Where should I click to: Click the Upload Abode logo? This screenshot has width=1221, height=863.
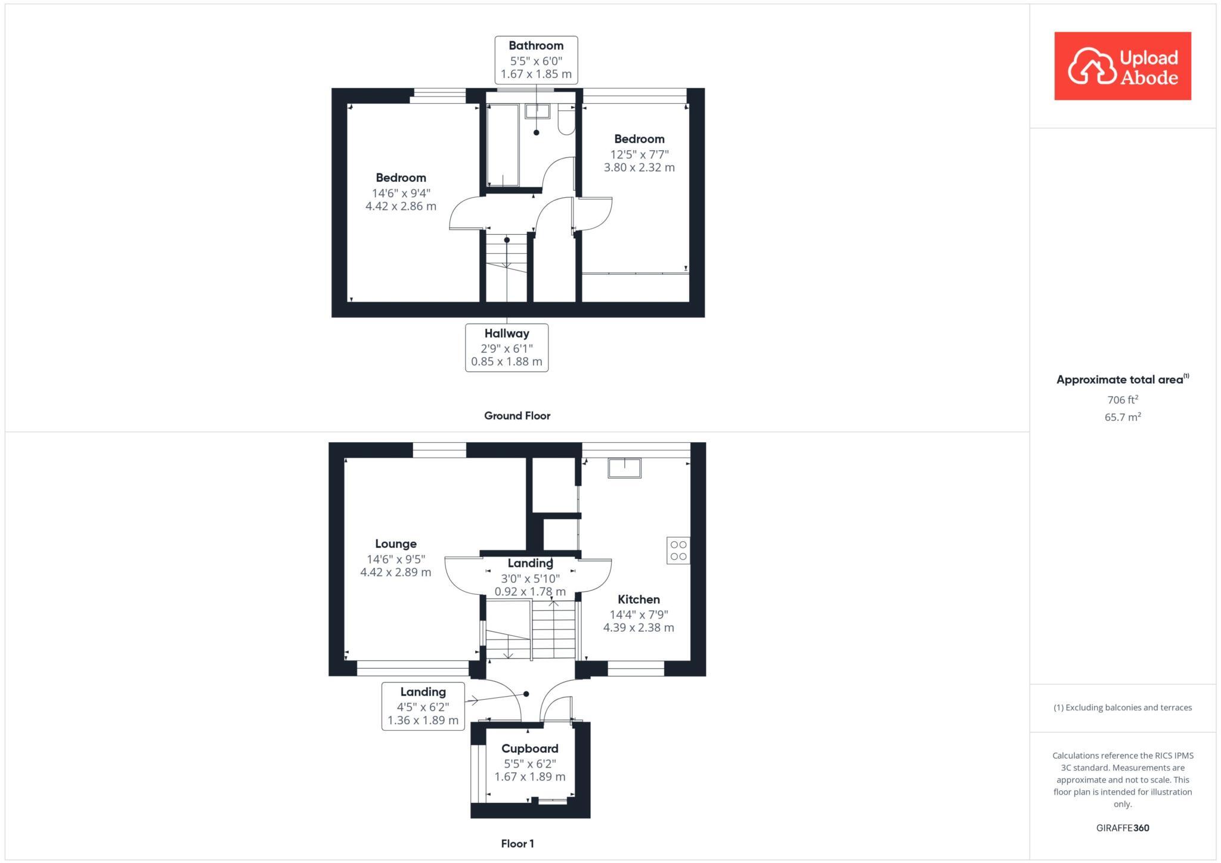click(x=1122, y=66)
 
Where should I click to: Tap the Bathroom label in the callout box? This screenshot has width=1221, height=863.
click(x=535, y=46)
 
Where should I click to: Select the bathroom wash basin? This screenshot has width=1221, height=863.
click(x=537, y=111)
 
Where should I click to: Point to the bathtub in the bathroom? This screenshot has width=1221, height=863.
click(x=503, y=145)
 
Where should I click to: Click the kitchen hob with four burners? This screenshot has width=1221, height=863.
click(x=678, y=550)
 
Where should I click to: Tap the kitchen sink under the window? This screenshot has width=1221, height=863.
click(x=624, y=468)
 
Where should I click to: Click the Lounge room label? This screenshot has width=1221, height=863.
click(x=395, y=544)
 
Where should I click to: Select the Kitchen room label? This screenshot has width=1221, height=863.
click(x=639, y=600)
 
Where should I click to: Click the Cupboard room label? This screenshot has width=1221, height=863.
click(x=529, y=749)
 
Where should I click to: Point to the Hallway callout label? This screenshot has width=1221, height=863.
click(x=506, y=334)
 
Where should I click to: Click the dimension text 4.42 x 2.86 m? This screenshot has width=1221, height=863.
click(x=401, y=207)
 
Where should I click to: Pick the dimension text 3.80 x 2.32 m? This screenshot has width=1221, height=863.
click(x=639, y=168)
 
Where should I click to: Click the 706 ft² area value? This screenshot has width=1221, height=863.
click(x=1122, y=400)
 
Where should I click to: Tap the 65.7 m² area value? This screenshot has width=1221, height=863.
click(x=1122, y=417)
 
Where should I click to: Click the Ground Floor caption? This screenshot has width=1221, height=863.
click(x=517, y=416)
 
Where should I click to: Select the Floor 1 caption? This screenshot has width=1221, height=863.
click(x=517, y=844)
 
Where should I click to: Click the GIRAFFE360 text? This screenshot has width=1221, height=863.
click(x=1122, y=828)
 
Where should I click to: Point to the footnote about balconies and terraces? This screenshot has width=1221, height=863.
click(x=1122, y=708)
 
